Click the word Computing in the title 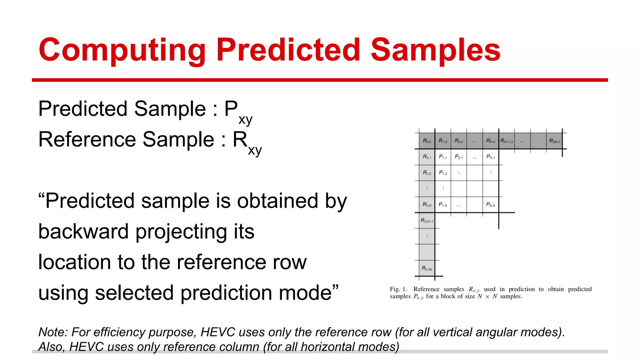(x=122, y=50)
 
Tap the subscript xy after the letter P (x=245, y=120)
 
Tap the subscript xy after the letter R (x=255, y=150)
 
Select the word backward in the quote (x=83, y=232)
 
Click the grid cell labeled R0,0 (x=427, y=141)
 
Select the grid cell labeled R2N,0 (x=554, y=141)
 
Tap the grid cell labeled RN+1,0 (x=507, y=141)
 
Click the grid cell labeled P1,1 (x=443, y=157)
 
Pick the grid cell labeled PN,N (x=490, y=205)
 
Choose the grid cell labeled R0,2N (x=427, y=268)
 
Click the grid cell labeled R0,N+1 (x=427, y=221)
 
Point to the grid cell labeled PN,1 (x=490, y=157)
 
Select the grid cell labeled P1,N (x=443, y=205)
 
